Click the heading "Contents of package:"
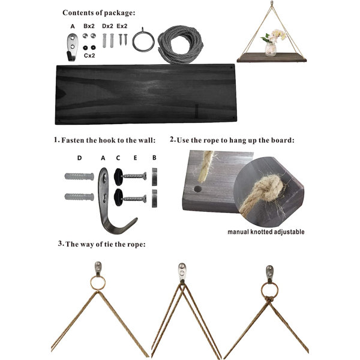pyautogui.click(x=99, y=13)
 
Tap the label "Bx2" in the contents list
pyautogui.click(x=89, y=26)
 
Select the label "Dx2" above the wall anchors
pyautogui.click(x=107, y=26)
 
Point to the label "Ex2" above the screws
pyautogui.click(x=122, y=26)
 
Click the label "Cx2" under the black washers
pyautogui.click(x=89, y=55)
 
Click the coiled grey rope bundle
pyautogui.click(x=181, y=44)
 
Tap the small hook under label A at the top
pyautogui.click(x=72, y=47)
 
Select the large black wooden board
pyautogui.click(x=146, y=94)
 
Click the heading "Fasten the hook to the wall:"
pyautogui.click(x=109, y=140)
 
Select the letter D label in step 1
pyautogui.click(x=79, y=158)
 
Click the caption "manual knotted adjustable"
pyautogui.click(x=266, y=232)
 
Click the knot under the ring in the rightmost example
pyautogui.click(x=269, y=299)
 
